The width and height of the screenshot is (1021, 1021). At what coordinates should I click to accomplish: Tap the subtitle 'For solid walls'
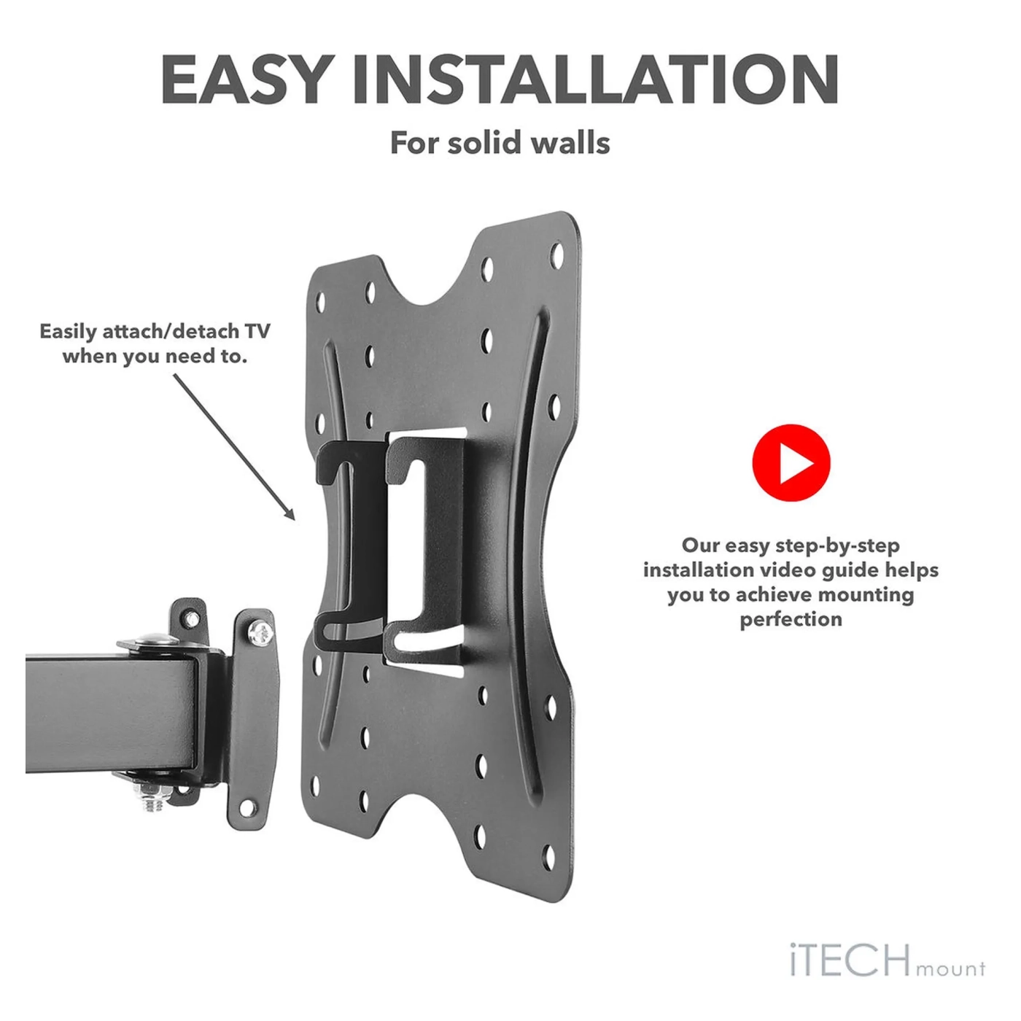click(500, 143)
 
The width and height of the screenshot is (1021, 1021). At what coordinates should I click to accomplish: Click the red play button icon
click(791, 462)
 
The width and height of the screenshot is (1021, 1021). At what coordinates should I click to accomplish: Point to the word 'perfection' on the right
click(791, 619)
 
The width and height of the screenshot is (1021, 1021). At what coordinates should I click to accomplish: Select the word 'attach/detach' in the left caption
click(171, 332)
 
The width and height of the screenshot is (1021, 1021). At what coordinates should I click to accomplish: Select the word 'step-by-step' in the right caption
click(836, 546)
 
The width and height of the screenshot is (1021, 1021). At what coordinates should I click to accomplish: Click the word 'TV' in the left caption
click(257, 332)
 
